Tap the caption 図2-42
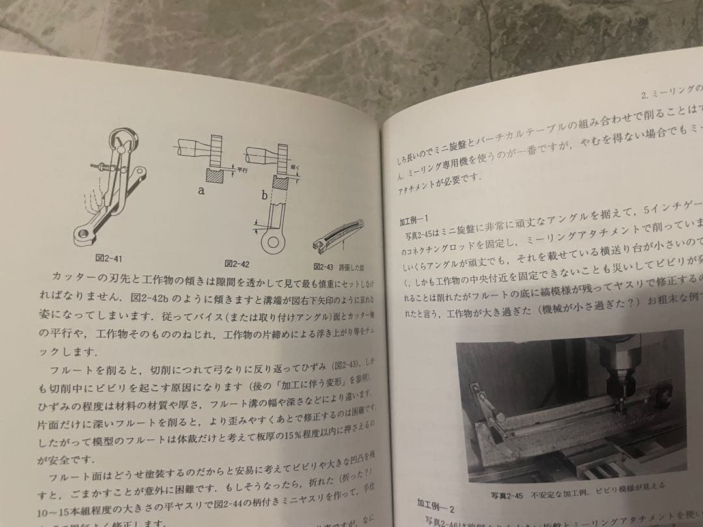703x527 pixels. pos(238,263)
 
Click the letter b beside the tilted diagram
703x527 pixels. pos(264,195)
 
